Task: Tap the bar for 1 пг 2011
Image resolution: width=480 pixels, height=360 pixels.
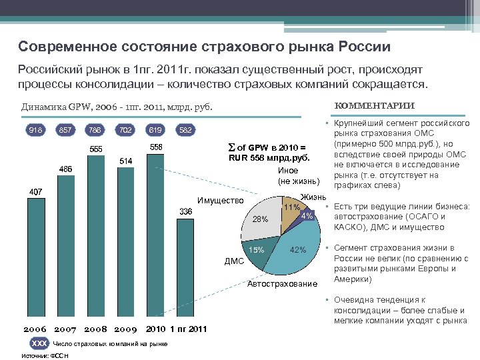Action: (x=185, y=273)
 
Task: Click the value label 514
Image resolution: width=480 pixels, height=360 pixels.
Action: (x=126, y=161)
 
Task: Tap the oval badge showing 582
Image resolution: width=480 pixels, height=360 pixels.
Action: (x=185, y=129)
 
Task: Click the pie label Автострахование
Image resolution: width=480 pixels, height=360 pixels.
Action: (x=282, y=285)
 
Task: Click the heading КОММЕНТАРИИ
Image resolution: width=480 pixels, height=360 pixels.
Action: (x=383, y=105)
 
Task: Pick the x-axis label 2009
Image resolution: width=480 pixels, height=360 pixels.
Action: (x=125, y=329)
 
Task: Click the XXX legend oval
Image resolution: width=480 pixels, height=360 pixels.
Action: (x=39, y=343)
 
